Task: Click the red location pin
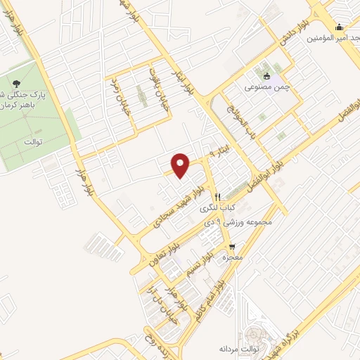181,165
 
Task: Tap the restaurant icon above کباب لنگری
218,197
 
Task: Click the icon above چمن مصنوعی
266,77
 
